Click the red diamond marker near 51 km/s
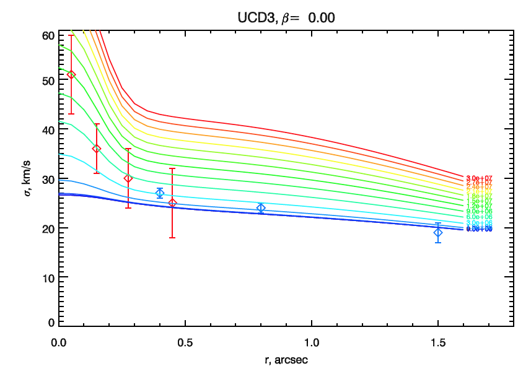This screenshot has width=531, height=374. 71,75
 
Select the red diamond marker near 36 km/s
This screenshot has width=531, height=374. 97,149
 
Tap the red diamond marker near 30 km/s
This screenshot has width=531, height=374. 128,178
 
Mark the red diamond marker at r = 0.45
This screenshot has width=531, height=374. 173,203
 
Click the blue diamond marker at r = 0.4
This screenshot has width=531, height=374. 160,193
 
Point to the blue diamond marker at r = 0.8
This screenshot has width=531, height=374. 261,208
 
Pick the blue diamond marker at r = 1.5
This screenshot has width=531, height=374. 438,232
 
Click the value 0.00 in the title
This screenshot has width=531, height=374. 322,18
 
